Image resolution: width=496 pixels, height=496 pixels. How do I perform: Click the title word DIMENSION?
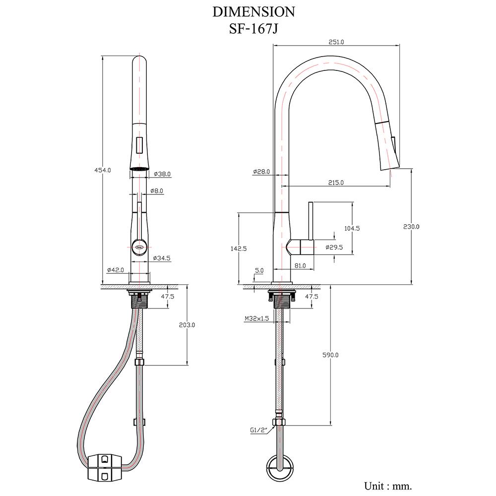point(254,11)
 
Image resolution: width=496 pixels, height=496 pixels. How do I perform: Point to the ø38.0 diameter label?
point(162,174)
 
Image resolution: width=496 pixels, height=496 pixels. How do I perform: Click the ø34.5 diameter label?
point(162,258)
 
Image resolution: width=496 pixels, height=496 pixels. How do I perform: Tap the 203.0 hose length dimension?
point(186,325)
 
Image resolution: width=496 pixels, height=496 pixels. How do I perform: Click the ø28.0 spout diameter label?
point(261,172)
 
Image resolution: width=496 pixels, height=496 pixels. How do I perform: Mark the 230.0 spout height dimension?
point(411,226)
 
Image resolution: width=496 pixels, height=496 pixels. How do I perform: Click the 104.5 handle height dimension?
point(351,228)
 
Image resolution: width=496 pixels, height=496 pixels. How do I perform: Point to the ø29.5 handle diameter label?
point(334,247)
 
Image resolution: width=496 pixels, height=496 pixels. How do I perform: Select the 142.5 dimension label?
point(239,248)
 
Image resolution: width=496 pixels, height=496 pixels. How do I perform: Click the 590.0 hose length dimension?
point(331,355)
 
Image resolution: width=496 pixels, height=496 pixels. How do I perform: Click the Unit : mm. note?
point(388,485)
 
